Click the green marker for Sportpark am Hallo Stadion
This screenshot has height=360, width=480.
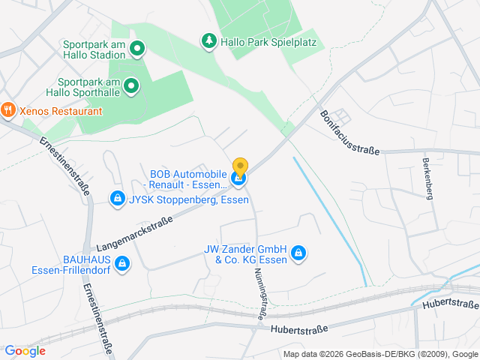[x=137, y=50]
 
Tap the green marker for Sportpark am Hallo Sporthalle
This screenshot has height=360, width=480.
[x=131, y=86]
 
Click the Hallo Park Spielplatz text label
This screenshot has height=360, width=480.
[x=268, y=42]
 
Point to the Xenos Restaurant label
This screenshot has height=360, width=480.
[x=61, y=111]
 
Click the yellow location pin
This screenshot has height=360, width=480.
[x=240, y=166]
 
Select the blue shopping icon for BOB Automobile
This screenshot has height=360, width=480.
[x=238, y=178]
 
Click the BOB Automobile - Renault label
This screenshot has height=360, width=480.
[x=187, y=179]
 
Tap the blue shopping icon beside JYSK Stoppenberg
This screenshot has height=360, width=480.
[x=117, y=199]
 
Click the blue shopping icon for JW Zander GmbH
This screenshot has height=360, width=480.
[x=298, y=253]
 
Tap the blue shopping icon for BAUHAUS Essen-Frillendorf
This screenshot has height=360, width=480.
[x=122, y=263]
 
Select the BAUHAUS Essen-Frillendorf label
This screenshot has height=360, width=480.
[x=71, y=264]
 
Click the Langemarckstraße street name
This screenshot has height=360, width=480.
[x=134, y=232]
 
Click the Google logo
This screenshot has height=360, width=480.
[x=25, y=350]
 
